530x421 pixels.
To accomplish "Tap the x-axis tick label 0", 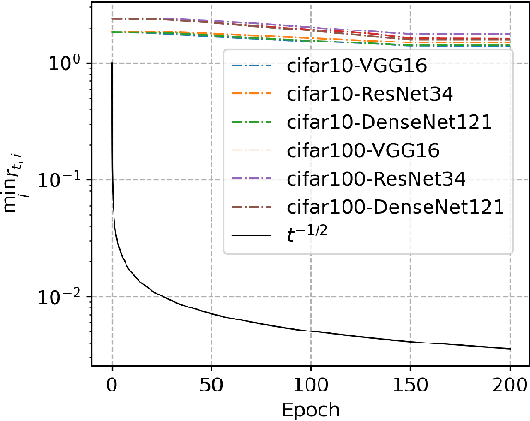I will click(112, 382).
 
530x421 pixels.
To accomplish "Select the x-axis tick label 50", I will click(211, 382).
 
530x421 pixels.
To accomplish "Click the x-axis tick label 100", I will click(310, 382).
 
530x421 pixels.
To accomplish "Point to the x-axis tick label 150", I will click(410, 382).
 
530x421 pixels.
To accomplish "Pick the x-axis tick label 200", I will click(510, 382).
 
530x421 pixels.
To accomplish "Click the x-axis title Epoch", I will click(310, 407).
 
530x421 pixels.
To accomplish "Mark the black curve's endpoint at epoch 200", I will click(510, 349).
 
